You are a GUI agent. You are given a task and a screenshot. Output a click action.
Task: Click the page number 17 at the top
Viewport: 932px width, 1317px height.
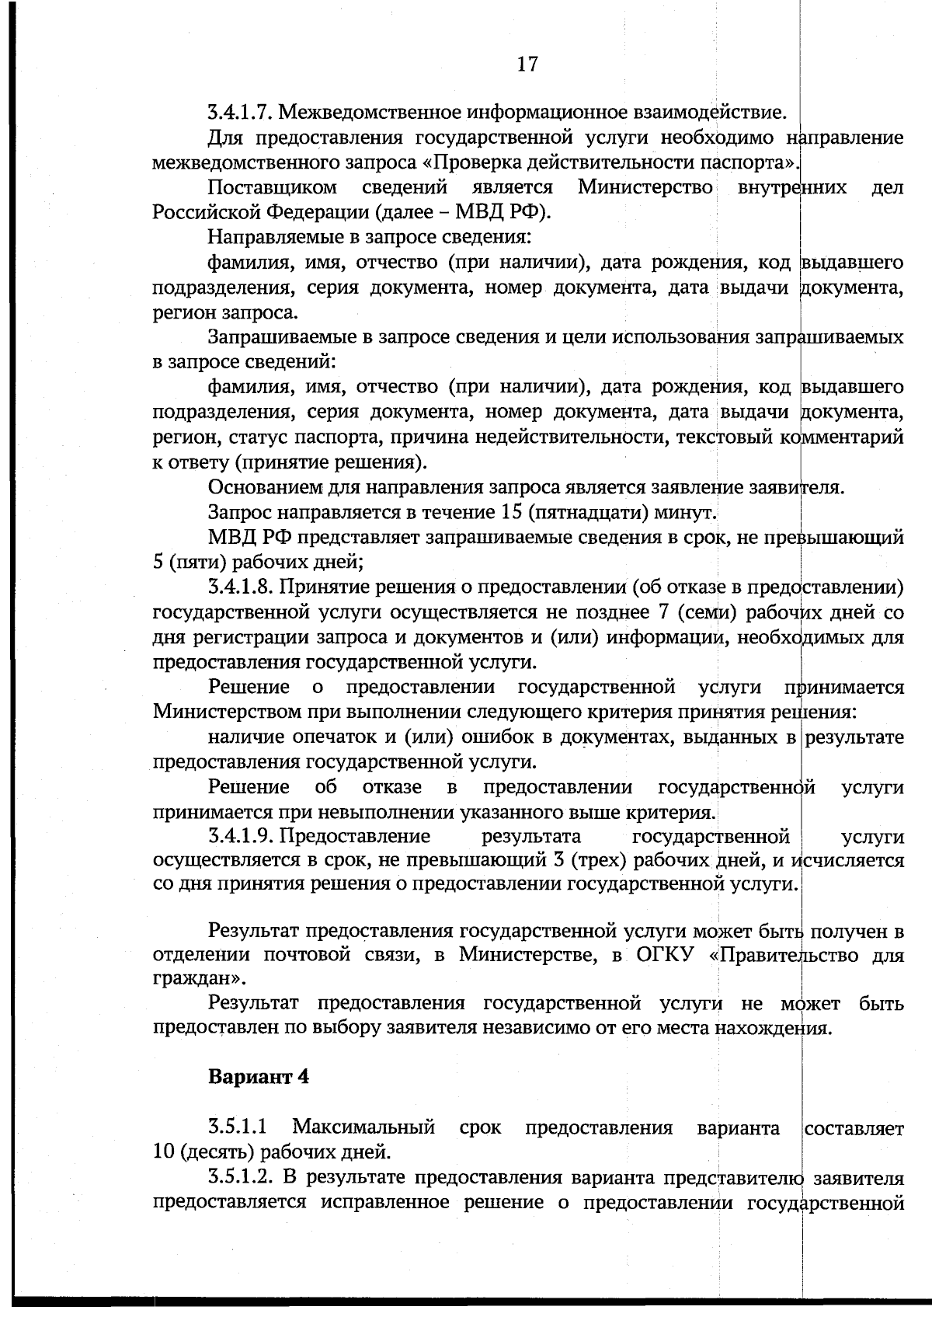click(527, 64)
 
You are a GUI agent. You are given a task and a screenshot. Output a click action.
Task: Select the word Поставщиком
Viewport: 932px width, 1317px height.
click(272, 188)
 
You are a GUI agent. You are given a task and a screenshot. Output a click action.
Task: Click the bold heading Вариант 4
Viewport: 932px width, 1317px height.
click(259, 1078)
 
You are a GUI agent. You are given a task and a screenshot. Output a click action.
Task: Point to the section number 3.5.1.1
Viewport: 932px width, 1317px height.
click(238, 1127)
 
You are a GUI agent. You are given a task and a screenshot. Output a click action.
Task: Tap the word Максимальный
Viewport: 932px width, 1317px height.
click(363, 1127)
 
